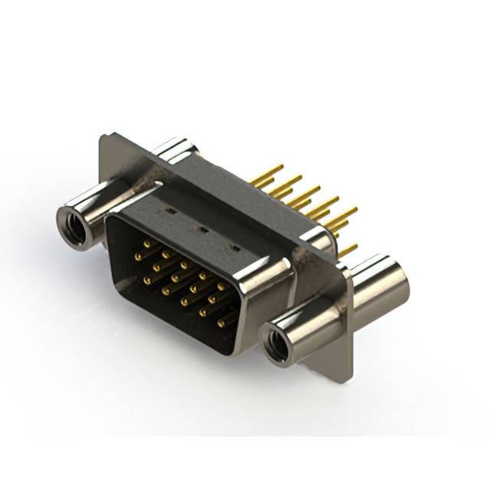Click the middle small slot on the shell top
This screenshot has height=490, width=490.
tap(203, 228)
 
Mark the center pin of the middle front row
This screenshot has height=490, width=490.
tap(185, 283)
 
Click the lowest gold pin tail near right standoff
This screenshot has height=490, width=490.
tap(348, 250)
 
